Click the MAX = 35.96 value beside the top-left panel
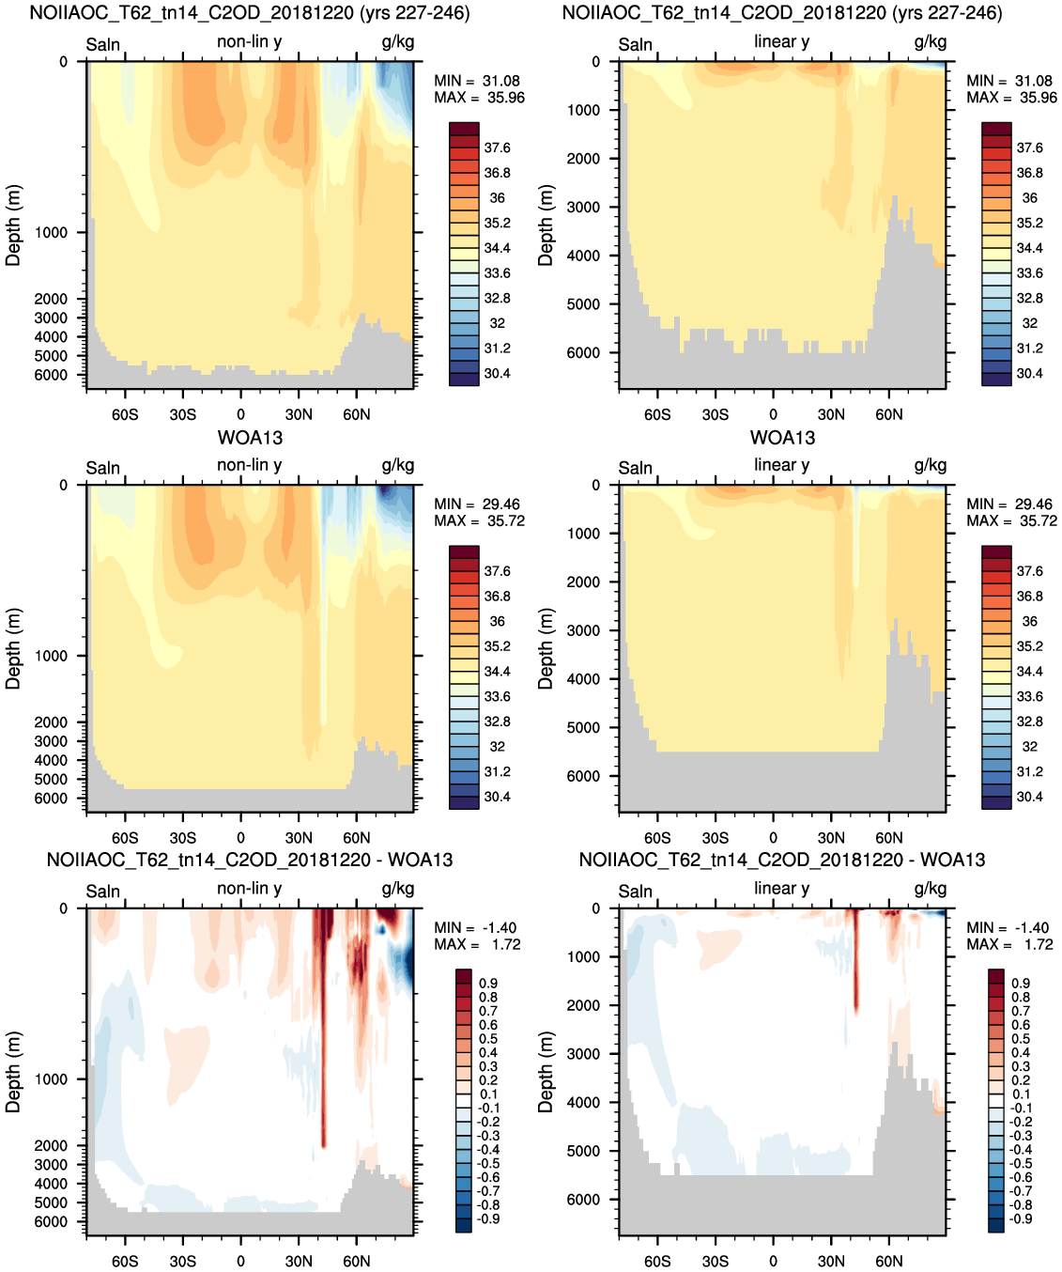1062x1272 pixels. coord(479,98)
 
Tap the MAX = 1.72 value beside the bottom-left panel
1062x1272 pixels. coord(477,944)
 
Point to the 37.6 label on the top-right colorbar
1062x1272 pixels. coord(1030,147)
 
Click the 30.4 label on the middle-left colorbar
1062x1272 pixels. coord(498,797)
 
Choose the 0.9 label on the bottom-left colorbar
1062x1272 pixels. coord(488,983)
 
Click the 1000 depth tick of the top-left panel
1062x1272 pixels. coord(51,232)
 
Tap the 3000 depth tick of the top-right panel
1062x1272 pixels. coord(583,207)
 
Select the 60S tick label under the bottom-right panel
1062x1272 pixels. coord(657,1261)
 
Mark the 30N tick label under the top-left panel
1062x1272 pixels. coord(299,414)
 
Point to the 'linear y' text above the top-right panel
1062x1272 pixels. coord(782,41)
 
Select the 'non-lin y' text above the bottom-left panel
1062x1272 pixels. coord(249,888)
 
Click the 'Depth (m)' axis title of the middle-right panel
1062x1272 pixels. coord(545,648)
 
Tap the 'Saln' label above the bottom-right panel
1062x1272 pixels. coord(635,892)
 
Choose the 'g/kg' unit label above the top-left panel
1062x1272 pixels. coord(397,41)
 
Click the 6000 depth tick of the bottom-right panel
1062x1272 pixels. coord(583,1200)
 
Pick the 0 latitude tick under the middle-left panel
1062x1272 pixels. coord(240,838)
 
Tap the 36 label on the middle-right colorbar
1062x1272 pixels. coord(1030,621)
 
